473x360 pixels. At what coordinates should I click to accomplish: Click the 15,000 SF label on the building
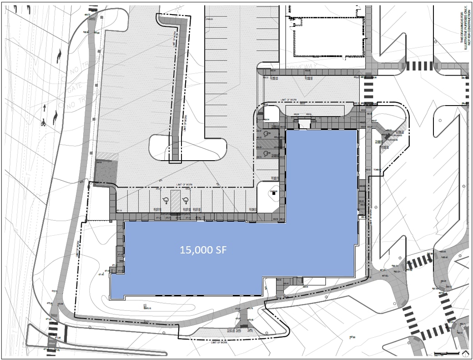click(x=203, y=250)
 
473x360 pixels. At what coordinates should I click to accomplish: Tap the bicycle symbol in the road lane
click(x=43, y=123)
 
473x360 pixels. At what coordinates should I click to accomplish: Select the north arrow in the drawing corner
click(x=465, y=353)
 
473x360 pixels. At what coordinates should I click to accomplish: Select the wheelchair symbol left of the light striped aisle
click(x=164, y=201)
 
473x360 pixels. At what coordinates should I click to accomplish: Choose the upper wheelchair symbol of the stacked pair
click(x=266, y=134)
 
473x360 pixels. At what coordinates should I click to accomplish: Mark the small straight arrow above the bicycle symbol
click(x=44, y=108)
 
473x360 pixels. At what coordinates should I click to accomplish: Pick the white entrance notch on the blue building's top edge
click(x=303, y=123)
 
